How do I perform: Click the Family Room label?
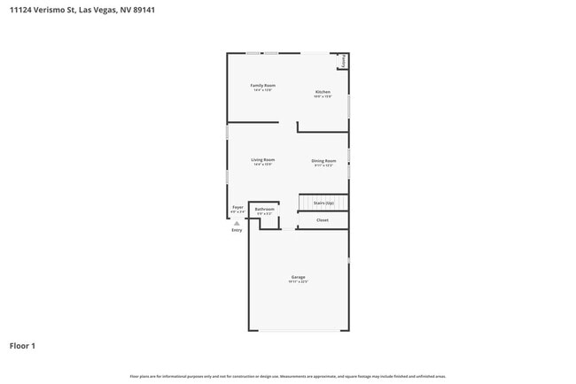point(263,85)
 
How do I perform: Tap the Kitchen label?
point(323,92)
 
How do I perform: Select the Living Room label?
point(263,159)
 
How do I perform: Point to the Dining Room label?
point(323,160)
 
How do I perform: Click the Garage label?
point(298,277)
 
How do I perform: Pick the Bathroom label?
point(265,209)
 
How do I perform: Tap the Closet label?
point(323,219)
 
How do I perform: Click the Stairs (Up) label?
point(323,203)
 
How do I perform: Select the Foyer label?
point(237,207)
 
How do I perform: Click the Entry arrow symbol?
point(237,223)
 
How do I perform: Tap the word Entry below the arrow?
point(237,230)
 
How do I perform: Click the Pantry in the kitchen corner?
point(343,62)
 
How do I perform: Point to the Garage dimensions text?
point(298,281)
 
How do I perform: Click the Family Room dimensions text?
point(263,89)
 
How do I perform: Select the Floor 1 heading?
point(22,345)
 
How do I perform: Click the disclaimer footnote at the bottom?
point(288,377)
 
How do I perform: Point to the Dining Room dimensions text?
point(323,165)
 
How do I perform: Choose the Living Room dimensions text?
point(263,164)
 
